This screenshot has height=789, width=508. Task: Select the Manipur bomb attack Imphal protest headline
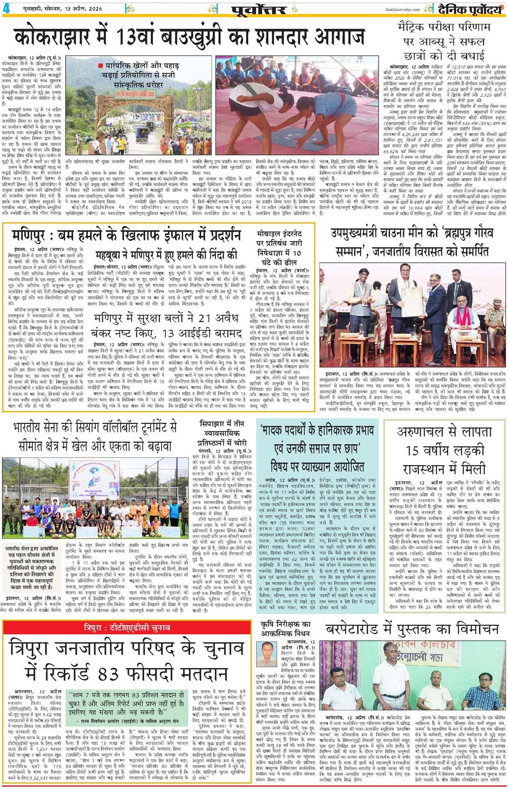click(x=123, y=235)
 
